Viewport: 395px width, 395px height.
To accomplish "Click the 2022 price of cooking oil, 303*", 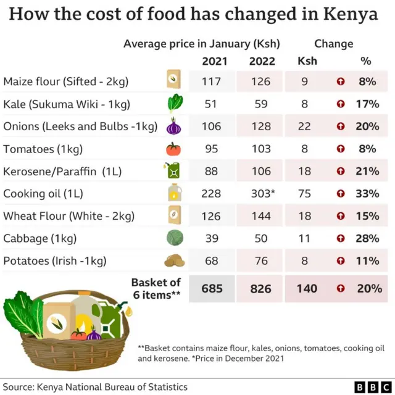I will click(x=262, y=194).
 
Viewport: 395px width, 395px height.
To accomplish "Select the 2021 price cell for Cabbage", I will click(x=211, y=238).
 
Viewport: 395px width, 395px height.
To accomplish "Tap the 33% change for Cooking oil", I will click(x=367, y=194).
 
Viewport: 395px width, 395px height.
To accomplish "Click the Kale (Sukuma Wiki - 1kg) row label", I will click(x=67, y=104).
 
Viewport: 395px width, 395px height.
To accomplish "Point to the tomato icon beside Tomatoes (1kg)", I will click(x=174, y=149).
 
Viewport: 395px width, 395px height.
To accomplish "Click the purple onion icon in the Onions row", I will click(x=174, y=127).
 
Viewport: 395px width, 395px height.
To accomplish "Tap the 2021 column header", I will click(x=214, y=61).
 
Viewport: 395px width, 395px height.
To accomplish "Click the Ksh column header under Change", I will click(x=307, y=61).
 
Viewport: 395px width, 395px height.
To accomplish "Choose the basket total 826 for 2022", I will click(x=261, y=288).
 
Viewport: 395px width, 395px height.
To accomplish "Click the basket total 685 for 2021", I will click(x=211, y=288).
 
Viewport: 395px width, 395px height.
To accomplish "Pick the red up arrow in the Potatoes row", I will click(x=340, y=261).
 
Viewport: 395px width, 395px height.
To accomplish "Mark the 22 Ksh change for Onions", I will click(x=304, y=127).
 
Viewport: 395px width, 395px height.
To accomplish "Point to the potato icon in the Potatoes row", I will click(x=174, y=260).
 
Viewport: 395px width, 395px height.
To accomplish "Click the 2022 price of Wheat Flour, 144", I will click(x=261, y=216).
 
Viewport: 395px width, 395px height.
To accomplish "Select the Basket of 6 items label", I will click(x=156, y=288).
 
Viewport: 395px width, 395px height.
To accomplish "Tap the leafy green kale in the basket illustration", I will click(x=22, y=315).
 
